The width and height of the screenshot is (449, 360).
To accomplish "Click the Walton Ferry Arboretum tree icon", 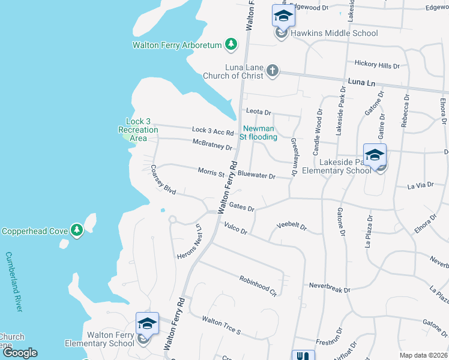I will (231, 44).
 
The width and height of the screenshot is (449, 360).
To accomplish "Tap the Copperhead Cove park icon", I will (76, 230).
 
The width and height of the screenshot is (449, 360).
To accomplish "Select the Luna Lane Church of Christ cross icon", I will (273, 71).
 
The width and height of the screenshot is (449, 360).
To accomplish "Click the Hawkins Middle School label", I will (334, 33).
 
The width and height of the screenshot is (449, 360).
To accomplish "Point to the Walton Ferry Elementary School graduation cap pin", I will (147, 324).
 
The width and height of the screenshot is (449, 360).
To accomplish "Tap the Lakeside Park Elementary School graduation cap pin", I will (375, 156).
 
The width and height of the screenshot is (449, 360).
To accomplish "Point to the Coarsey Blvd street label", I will (163, 179).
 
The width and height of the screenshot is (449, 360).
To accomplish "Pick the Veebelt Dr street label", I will (291, 227).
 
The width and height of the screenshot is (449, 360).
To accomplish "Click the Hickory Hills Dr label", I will (377, 65).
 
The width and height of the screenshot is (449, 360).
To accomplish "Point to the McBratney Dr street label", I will (212, 145).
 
